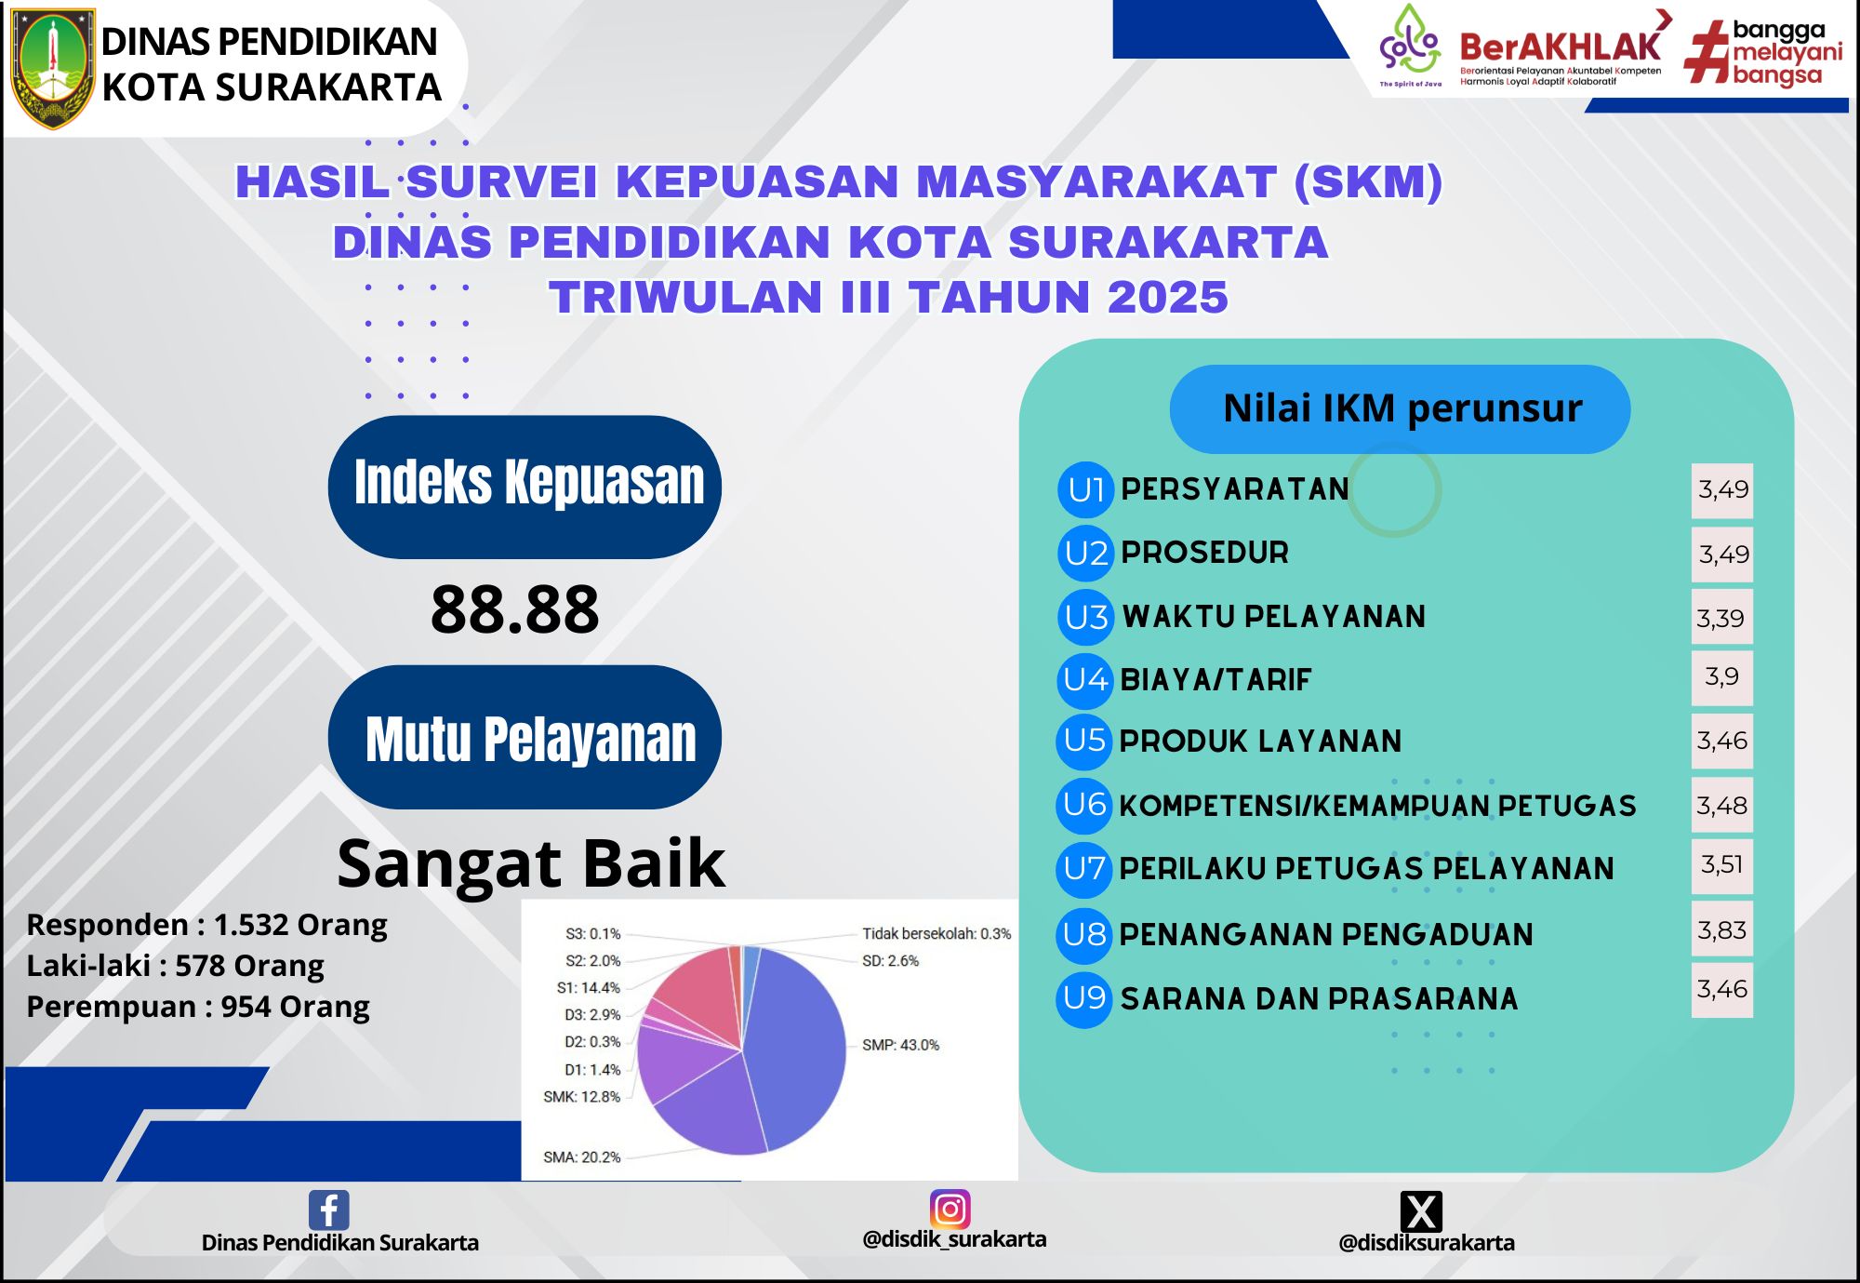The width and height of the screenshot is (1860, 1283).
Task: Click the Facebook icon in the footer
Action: click(328, 1209)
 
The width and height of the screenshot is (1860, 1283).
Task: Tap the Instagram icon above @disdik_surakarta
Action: click(950, 1209)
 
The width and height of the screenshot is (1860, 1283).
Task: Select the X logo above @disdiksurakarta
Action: click(1421, 1210)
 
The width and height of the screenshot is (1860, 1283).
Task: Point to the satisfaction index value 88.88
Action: click(514, 609)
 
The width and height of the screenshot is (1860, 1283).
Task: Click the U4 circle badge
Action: click(1085, 679)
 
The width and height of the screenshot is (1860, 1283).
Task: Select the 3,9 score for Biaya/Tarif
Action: click(1721, 676)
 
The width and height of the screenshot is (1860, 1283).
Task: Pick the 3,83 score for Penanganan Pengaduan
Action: click(1721, 929)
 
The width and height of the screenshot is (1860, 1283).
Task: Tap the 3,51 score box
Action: click(1721, 864)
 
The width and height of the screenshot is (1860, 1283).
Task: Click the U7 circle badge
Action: click(1084, 868)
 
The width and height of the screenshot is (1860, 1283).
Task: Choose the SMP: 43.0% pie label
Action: click(900, 1045)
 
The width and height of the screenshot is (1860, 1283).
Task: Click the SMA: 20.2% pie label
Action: click(581, 1157)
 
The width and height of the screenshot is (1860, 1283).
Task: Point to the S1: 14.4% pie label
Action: click(588, 987)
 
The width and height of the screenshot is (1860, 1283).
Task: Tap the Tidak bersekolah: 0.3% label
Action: click(937, 933)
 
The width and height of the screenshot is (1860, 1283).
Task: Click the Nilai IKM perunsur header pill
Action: click(1400, 409)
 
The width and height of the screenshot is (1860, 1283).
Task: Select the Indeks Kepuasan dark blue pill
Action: click(525, 487)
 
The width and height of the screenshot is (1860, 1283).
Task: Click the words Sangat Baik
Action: click(531, 863)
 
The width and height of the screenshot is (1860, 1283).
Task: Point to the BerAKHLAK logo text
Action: click(1560, 47)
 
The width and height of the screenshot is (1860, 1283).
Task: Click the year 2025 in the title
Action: click(1168, 298)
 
